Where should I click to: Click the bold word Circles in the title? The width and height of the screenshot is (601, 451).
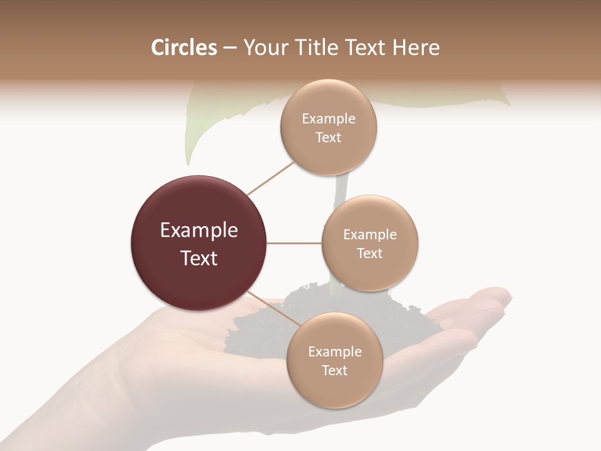coord(184,48)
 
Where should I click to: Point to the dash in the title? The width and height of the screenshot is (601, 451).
coord(230,48)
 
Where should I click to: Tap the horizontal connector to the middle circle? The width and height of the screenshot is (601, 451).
coord(294,243)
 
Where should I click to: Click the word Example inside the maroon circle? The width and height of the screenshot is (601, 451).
coord(199,231)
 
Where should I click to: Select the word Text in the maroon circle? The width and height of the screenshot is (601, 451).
coord(199,258)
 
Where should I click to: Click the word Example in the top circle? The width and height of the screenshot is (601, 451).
coord(329,119)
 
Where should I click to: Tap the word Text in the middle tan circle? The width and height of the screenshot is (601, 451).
coord(369,254)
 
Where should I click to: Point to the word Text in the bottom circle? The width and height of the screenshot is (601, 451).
coord(334,371)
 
